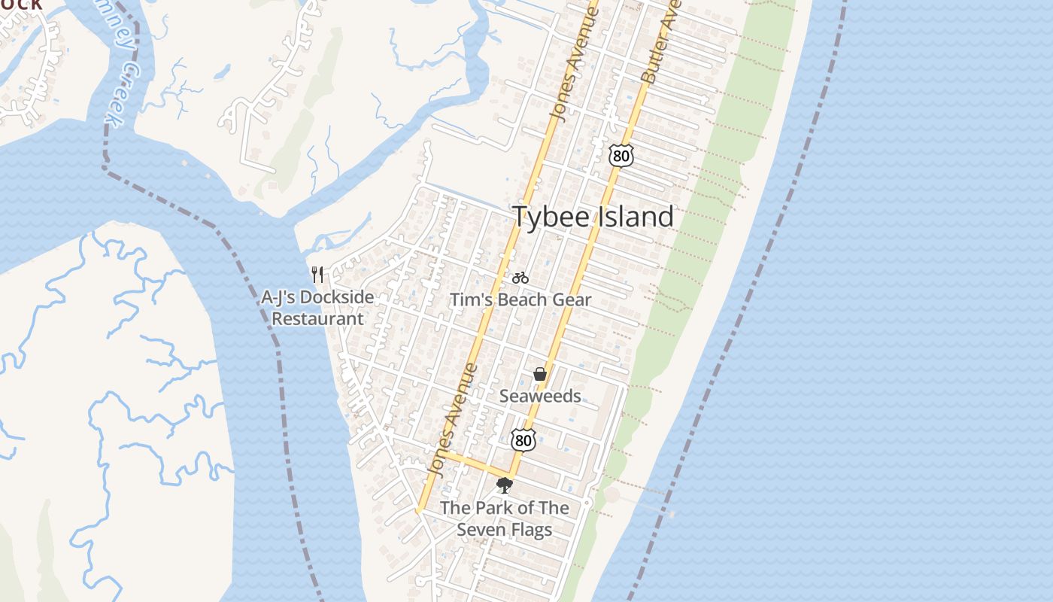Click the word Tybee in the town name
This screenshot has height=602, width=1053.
551,217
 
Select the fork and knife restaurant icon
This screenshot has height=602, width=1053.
317,275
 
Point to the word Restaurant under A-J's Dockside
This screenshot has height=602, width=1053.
317,318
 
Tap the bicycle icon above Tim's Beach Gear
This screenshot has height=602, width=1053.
520,278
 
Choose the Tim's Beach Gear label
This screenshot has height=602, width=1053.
520,299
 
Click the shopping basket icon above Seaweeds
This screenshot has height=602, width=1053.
539,374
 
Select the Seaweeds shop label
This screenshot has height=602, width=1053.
540,396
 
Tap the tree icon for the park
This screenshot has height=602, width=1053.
504,485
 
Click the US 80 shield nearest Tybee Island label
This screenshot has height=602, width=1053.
621,155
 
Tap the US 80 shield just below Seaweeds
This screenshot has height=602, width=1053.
523,440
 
